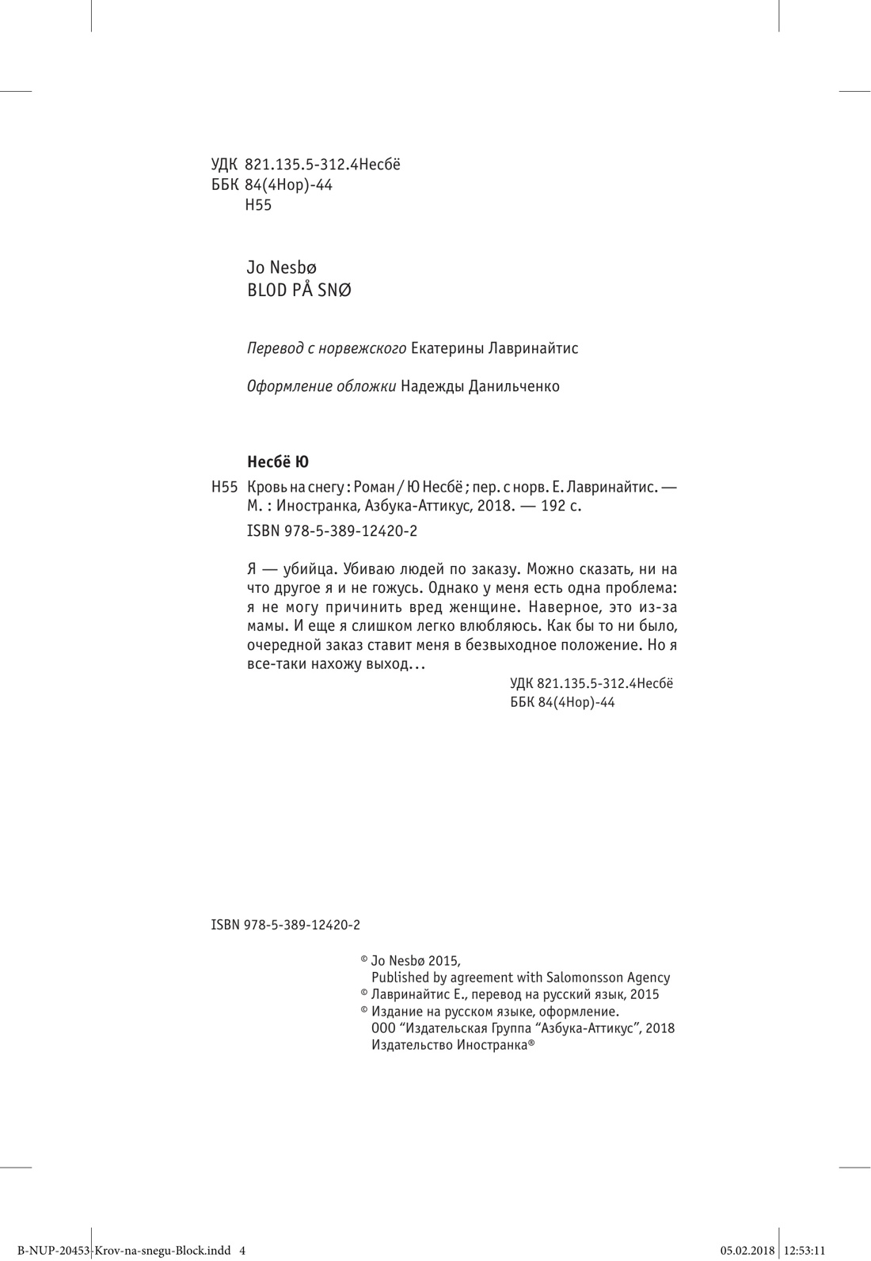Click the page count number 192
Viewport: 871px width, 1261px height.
[x=552, y=507]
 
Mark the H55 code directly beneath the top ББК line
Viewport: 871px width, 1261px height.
[x=258, y=205]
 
